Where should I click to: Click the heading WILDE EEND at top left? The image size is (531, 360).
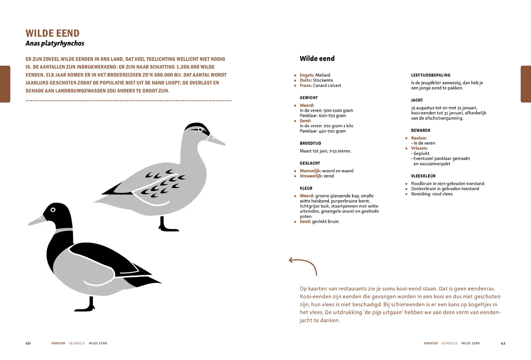point(52,33)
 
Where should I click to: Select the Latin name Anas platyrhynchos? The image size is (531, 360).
point(55,44)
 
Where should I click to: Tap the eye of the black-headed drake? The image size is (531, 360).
point(53,210)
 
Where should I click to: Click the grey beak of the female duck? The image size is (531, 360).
point(216,140)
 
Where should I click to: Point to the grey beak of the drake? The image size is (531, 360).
point(37,220)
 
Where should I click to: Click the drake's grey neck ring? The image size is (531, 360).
point(64,230)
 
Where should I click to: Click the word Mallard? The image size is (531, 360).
point(323,75)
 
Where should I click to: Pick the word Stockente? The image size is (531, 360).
point(323,80)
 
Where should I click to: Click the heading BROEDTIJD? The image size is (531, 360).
point(310,143)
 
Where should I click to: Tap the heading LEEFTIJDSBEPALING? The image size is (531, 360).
point(431,75)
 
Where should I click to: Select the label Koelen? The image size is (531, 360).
point(419,138)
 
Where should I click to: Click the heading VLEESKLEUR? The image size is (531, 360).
point(423,176)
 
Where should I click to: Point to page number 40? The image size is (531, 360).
point(28,343)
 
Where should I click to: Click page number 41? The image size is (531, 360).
point(503,343)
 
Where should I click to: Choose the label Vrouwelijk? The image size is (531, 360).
point(311,176)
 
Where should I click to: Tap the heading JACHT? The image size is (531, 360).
point(417,100)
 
